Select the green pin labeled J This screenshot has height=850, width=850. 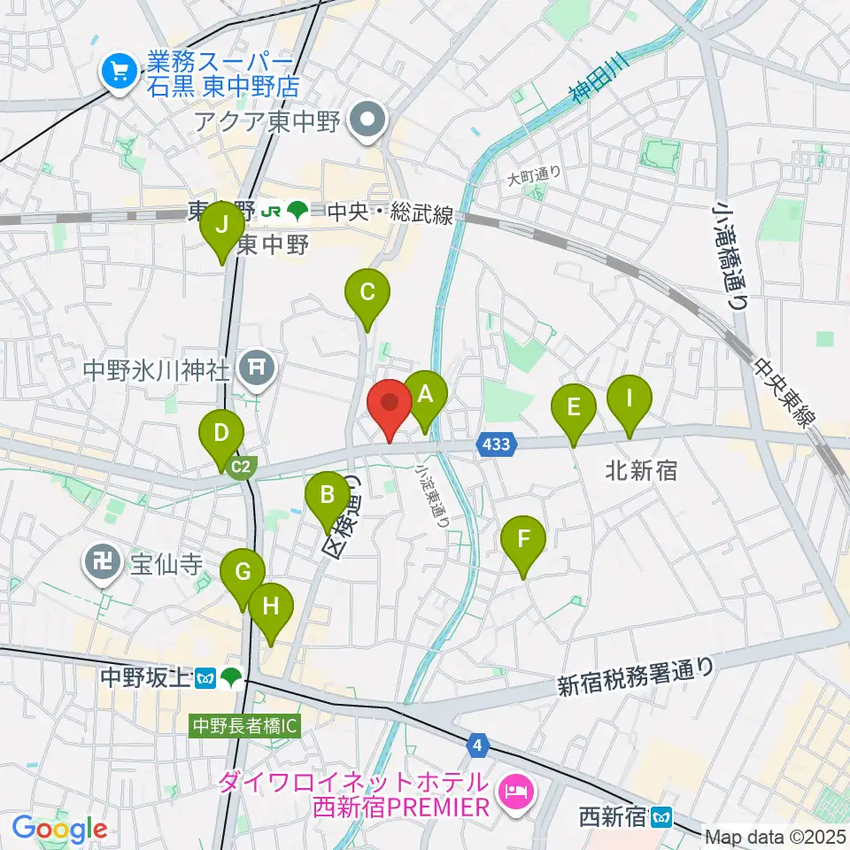pyautogui.click(x=222, y=227)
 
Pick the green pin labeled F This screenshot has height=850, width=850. pyautogui.click(x=523, y=539)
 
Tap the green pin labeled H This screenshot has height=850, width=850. pyautogui.click(x=271, y=608)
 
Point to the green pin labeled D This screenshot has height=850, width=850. pyautogui.click(x=221, y=436)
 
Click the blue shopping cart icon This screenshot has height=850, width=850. pyautogui.click(x=117, y=72)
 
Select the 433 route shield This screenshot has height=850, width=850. pyautogui.click(x=497, y=444)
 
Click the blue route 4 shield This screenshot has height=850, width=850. pyautogui.click(x=479, y=746)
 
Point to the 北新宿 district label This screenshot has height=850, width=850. pyautogui.click(x=643, y=470)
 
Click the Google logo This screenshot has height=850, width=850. pyautogui.click(x=58, y=830)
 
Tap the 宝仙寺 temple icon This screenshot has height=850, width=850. pyautogui.click(x=103, y=562)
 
